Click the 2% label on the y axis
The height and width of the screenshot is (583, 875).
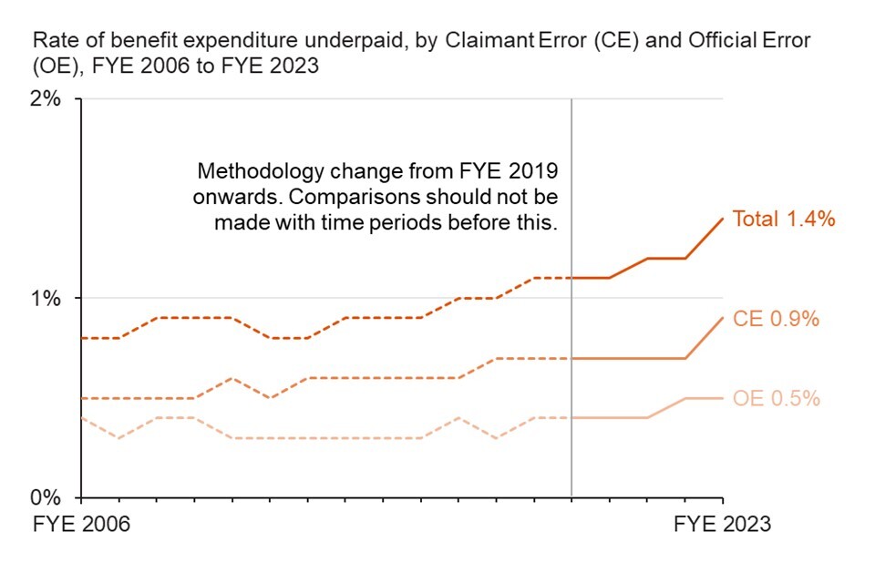pos(46,99)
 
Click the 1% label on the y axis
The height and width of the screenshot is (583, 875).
pos(46,299)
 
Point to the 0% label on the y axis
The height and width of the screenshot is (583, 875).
pos(46,498)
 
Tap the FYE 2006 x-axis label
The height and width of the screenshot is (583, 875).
pos(82,525)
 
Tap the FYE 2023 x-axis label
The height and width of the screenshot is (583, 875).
pos(722,525)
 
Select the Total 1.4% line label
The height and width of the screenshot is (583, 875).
pos(785,219)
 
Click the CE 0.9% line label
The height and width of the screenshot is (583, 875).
pos(777,319)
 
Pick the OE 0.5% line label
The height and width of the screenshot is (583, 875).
pos(777,399)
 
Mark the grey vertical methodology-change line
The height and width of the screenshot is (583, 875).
pos(571,364)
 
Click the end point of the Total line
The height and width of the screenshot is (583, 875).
pos(723,219)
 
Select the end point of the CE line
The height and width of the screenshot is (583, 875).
pos(723,318)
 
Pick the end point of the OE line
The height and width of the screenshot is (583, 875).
pos(723,398)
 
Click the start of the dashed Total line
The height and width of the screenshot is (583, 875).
pos(82,338)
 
